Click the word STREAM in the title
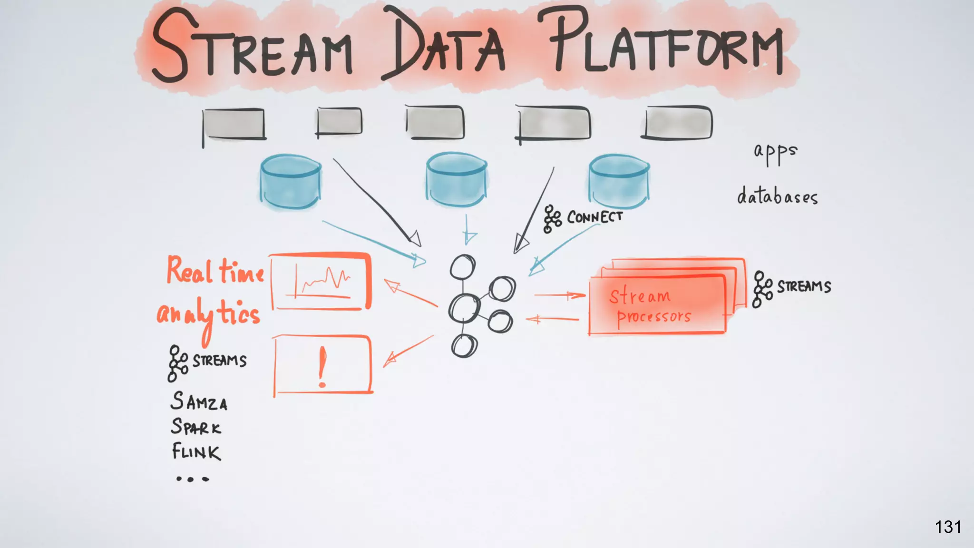point(252,48)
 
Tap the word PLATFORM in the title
point(666,45)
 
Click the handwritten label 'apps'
point(775,153)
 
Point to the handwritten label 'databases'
point(778,196)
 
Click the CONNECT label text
point(594,217)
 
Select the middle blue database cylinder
point(457,180)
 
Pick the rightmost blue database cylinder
point(619,181)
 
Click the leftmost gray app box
point(234,124)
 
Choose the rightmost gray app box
point(678,123)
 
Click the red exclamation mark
point(322,366)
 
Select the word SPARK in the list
point(196,427)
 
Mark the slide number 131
point(948,527)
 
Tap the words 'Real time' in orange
point(215,271)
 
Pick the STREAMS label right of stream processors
point(804,287)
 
